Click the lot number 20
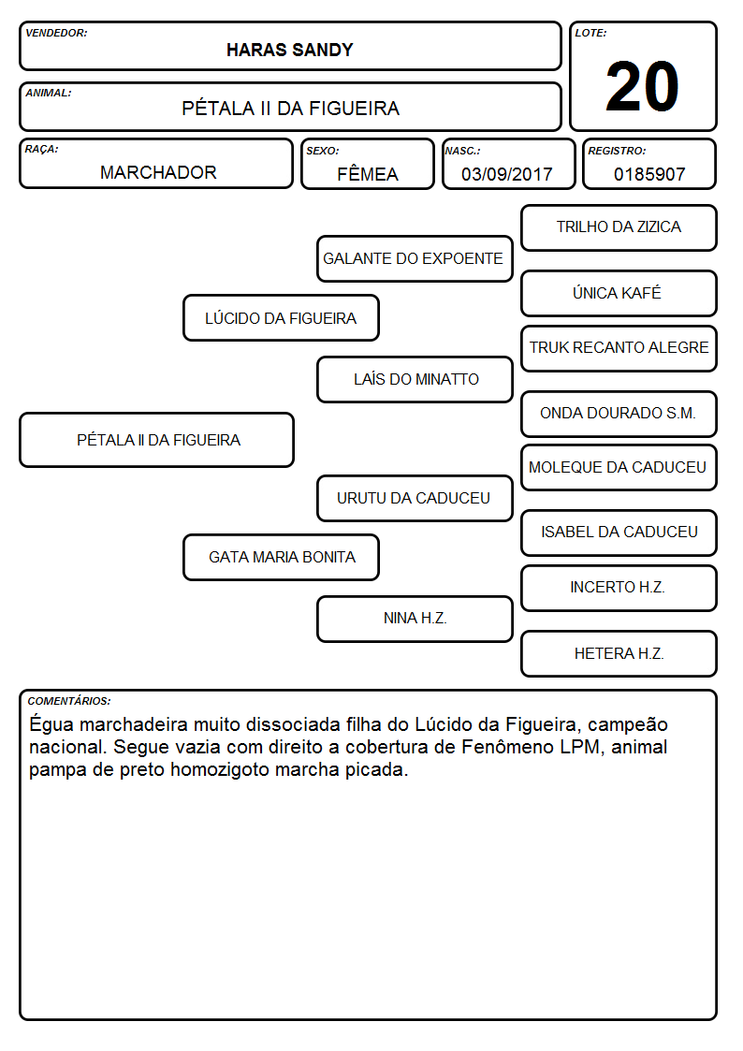click(x=642, y=86)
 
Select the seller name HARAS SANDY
click(x=289, y=51)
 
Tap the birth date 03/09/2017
click(x=507, y=174)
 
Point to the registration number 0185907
click(x=649, y=174)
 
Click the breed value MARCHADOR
click(x=158, y=172)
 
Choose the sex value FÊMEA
click(x=368, y=173)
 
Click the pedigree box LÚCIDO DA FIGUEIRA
click(x=282, y=317)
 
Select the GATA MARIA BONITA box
click(x=282, y=557)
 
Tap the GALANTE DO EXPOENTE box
click(x=415, y=258)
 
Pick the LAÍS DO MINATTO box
click(x=415, y=379)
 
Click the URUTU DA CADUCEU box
click(x=415, y=498)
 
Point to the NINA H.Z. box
click(x=415, y=619)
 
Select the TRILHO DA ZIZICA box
click(x=619, y=228)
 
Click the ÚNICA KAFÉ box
click(x=619, y=293)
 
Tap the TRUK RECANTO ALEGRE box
click(x=619, y=348)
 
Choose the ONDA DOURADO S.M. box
click(x=619, y=414)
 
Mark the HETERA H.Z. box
click(x=619, y=653)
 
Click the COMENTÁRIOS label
click(x=69, y=701)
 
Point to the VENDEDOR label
click(x=56, y=33)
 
